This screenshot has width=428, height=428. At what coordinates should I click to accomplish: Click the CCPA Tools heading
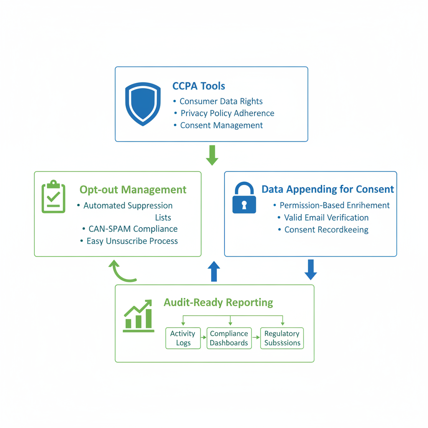(x=199, y=86)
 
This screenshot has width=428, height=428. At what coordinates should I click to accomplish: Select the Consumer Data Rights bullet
(x=221, y=101)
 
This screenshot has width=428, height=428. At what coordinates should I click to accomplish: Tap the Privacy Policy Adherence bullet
(x=227, y=113)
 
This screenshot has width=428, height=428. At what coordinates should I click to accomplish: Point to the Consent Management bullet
(x=222, y=125)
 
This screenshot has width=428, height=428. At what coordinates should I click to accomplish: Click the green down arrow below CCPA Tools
(x=212, y=155)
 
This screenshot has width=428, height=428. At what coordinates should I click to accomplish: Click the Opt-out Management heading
(x=133, y=190)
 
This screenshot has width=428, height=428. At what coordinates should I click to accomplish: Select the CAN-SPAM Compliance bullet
(x=133, y=229)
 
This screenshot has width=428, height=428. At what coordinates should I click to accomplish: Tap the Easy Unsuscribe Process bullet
(x=132, y=241)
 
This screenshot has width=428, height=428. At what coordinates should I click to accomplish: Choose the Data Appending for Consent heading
(x=328, y=189)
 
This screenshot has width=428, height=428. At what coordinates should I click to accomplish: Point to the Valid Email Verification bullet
(x=326, y=218)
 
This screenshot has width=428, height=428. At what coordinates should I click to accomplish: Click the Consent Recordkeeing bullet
(x=326, y=230)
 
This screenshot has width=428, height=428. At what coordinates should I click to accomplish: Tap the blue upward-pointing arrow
(x=214, y=271)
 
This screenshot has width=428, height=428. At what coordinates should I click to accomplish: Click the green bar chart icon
(x=139, y=316)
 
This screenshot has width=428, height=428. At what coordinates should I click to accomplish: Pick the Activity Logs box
(x=183, y=338)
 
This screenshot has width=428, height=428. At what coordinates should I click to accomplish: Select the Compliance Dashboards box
(x=229, y=338)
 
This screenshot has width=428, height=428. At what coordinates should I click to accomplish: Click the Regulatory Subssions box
(x=282, y=338)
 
